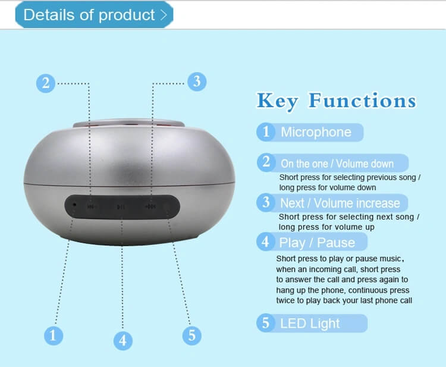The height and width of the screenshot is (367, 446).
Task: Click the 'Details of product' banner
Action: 94,15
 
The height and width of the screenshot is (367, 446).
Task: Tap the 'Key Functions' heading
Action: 337,101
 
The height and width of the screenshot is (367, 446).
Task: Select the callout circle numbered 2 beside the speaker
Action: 46,83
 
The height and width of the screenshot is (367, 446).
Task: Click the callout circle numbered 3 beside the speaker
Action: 197,81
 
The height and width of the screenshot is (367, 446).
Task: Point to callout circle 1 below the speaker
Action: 54,335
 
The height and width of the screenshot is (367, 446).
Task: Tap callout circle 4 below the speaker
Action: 123,341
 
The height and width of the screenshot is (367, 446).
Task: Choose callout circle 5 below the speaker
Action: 191,335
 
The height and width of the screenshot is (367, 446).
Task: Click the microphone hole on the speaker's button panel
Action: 74,205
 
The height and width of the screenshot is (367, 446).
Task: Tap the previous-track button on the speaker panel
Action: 92,206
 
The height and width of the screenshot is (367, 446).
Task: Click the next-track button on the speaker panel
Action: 150,206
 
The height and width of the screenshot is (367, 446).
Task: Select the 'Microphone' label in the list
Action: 316,132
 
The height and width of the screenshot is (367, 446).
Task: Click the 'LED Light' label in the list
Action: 310,324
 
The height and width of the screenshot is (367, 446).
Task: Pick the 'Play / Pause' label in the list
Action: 317,243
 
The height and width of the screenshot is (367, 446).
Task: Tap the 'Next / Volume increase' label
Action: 340,203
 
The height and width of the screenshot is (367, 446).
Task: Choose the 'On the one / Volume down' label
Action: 337,164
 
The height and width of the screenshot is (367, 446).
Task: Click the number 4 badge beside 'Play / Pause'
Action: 266,242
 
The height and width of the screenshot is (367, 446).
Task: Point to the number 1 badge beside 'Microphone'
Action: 266,131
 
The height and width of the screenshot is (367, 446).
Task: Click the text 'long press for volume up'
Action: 326,227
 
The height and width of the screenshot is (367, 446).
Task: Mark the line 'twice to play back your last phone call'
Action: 344,300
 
